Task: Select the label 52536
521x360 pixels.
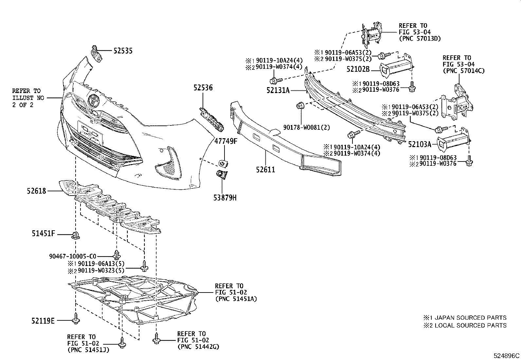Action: pyautogui.click(x=203, y=88)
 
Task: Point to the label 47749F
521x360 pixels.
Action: pyautogui.click(x=225, y=142)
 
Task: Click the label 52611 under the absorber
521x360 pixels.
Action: pyautogui.click(x=265, y=170)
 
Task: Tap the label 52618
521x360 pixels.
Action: pyautogui.click(x=36, y=191)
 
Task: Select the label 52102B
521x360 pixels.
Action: pyautogui.click(x=358, y=69)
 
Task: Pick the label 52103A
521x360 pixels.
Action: pyautogui.click(x=420, y=143)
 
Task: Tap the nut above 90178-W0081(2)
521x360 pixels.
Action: pyautogui.click(x=300, y=106)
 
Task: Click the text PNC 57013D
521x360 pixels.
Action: pyautogui.click(x=420, y=39)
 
